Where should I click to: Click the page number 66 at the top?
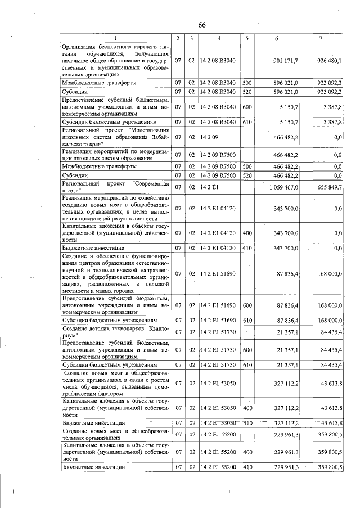click(202, 25)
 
